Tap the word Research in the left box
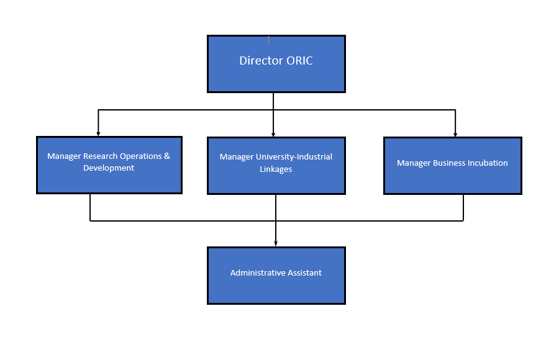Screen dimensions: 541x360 (x=100, y=156)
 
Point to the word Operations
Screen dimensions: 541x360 (x=140, y=156)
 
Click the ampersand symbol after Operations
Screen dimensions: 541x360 (x=167, y=156)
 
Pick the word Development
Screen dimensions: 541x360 (x=109, y=168)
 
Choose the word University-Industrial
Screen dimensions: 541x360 (x=294, y=157)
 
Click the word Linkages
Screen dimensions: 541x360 (x=276, y=169)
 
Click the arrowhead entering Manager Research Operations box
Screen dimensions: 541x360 (x=98, y=133)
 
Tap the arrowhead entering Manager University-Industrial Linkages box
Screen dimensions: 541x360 (x=273, y=134)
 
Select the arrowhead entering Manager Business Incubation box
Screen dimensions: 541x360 (x=455, y=134)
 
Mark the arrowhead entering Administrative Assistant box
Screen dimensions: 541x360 (x=275, y=243)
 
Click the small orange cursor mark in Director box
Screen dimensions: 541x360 (x=268, y=40)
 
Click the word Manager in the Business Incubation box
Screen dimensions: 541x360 (x=413, y=163)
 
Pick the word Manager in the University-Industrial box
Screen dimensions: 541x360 (x=237, y=157)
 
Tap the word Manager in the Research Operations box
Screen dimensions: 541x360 (x=64, y=156)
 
